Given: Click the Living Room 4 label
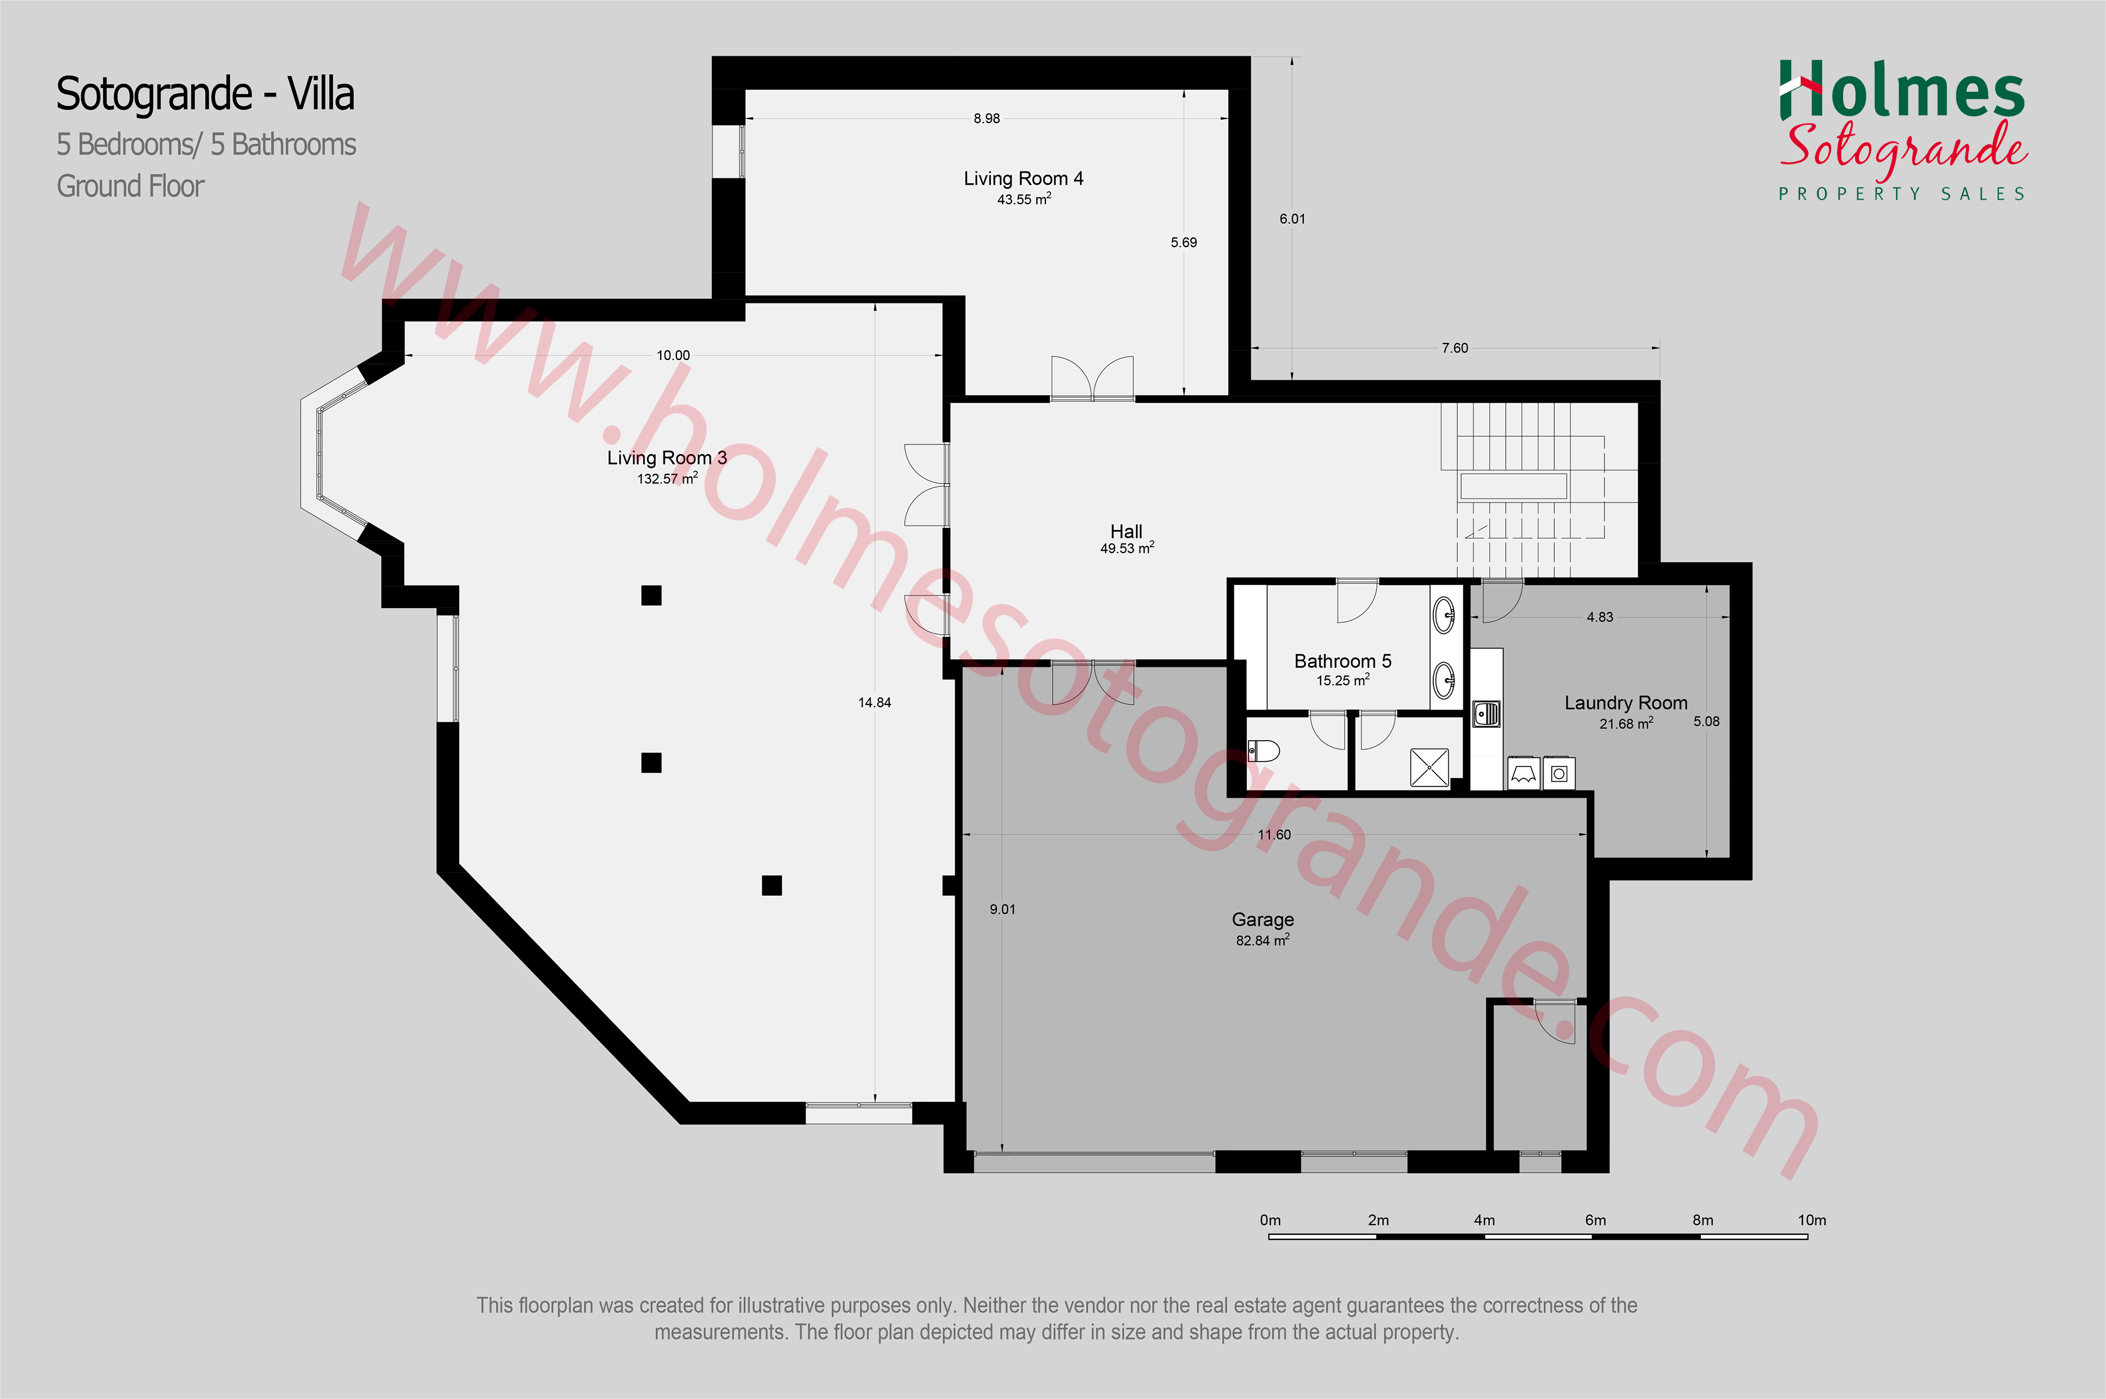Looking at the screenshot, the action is click(x=1023, y=178).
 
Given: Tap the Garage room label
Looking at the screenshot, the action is click(x=1263, y=919).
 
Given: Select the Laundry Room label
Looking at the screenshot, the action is click(x=1626, y=703).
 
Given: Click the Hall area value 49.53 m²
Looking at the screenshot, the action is click(x=1127, y=548).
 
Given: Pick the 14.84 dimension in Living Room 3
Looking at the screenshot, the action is click(x=874, y=703).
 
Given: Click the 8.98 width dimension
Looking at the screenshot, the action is click(x=987, y=118).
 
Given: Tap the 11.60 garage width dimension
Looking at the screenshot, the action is click(x=1274, y=835).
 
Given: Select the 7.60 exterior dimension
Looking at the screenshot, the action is click(x=1454, y=348).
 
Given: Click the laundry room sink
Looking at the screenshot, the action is click(x=1486, y=714).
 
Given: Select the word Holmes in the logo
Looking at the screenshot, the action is click(x=1902, y=90).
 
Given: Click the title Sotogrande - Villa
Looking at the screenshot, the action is click(x=205, y=94).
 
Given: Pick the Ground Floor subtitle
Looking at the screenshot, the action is click(x=130, y=187).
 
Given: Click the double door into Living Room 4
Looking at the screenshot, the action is click(x=1092, y=379).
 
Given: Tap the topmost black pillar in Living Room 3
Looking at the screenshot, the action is click(x=652, y=595).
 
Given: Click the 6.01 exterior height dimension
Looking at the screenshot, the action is click(x=1292, y=219).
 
